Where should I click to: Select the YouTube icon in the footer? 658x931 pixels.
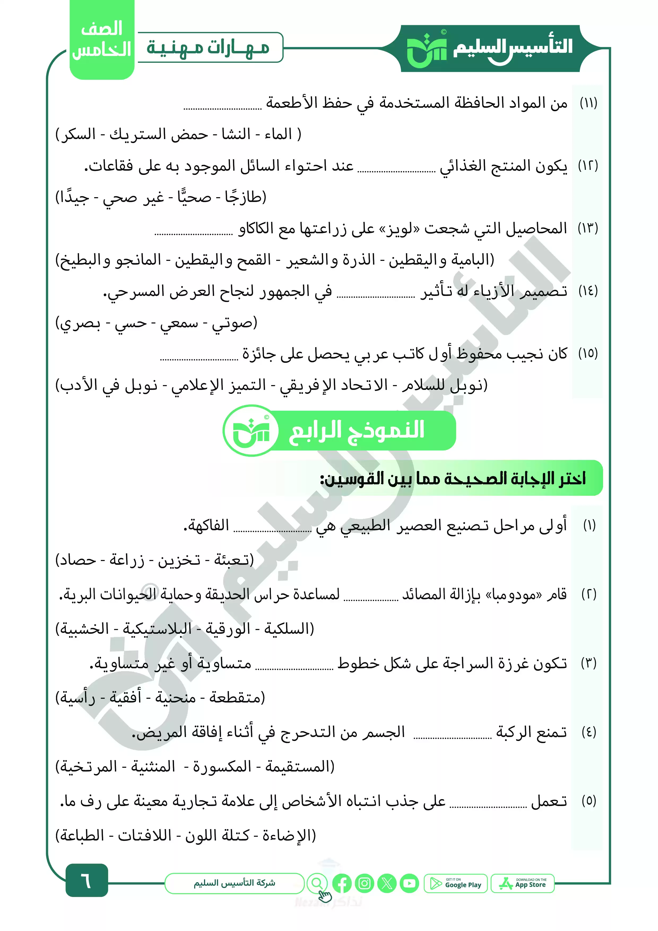409,883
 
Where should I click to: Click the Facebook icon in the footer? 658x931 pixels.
342,883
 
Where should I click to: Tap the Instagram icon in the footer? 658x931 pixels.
365,883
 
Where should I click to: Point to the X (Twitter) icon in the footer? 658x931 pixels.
387,883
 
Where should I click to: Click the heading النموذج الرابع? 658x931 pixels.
356,430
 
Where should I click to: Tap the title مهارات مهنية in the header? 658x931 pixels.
208,48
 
